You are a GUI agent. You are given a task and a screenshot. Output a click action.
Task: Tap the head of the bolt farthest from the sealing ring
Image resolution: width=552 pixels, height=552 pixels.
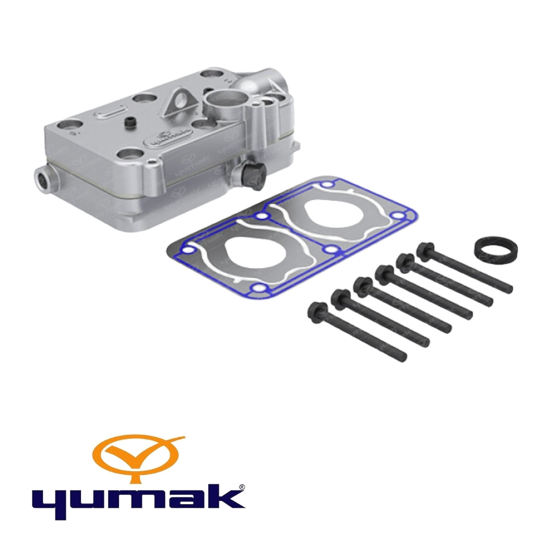(x=315, y=309)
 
